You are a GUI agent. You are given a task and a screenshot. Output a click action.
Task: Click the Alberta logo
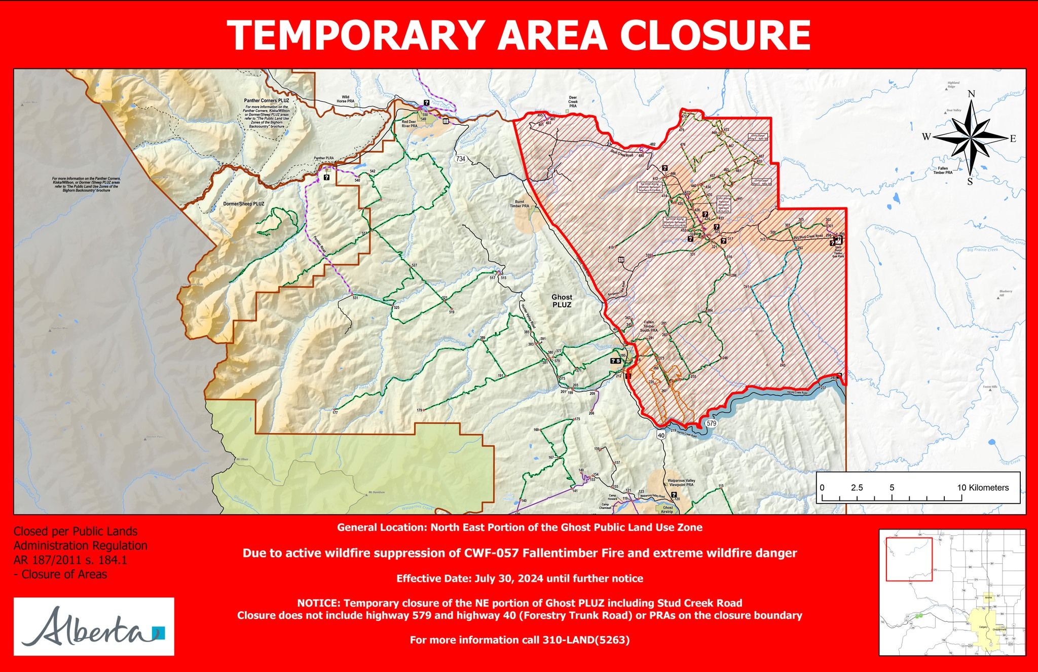coord(94,627)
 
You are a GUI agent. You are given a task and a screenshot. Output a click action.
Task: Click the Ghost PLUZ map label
coord(562,301)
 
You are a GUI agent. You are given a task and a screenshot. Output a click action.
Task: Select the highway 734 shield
coord(460,159)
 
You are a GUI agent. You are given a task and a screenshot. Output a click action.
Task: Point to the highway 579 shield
coord(711,423)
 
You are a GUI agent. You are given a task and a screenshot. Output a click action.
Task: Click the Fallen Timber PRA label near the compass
coord(943,170)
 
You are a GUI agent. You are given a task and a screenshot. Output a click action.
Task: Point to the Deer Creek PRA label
coord(573,101)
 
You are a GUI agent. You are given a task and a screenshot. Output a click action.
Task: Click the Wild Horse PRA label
coord(345,99)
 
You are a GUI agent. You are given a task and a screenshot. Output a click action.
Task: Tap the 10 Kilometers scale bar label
coord(983,487)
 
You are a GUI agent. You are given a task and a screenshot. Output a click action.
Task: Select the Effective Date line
coord(520,579)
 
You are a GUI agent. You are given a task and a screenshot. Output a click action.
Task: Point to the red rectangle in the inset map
coord(909,559)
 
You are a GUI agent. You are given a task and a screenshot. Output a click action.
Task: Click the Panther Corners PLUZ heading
coord(266,101)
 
